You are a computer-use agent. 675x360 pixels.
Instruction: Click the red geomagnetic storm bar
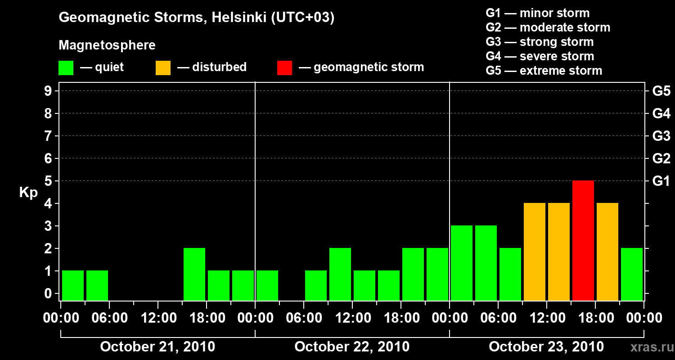click(x=583, y=241)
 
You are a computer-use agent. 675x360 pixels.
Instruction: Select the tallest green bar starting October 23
click(x=462, y=263)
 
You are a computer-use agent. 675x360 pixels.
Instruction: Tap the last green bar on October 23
click(x=632, y=274)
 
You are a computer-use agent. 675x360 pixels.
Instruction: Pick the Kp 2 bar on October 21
click(x=194, y=274)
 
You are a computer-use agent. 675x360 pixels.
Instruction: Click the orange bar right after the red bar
click(x=607, y=252)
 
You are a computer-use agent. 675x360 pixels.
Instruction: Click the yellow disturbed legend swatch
click(x=163, y=68)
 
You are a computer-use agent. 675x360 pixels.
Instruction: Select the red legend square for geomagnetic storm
click(x=284, y=68)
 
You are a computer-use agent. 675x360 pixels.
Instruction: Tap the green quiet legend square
click(x=66, y=68)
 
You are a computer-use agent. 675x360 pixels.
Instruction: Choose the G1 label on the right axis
click(x=661, y=181)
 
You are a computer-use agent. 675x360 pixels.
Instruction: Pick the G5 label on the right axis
click(x=661, y=91)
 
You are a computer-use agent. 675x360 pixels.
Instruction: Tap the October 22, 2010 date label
click(x=352, y=347)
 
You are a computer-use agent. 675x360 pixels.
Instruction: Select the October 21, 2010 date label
click(x=157, y=347)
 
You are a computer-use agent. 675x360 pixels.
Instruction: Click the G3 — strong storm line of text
click(x=540, y=42)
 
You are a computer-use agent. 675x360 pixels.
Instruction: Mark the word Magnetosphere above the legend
click(x=107, y=45)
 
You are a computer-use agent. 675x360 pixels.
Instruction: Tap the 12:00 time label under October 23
click(x=546, y=318)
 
